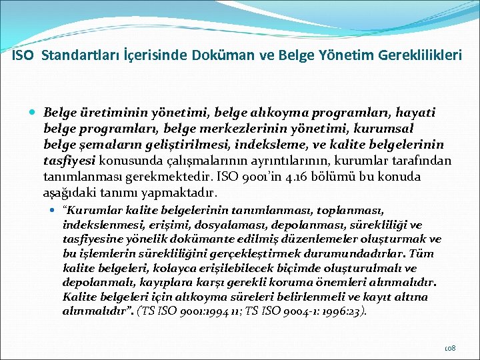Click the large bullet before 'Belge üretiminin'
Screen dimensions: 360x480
click(34, 112)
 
